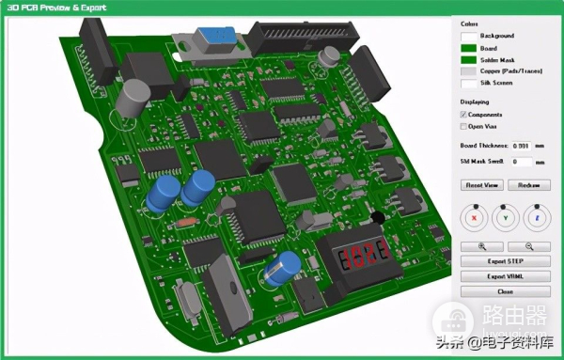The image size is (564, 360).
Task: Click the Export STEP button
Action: [x=505, y=260]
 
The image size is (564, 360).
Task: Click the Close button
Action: [x=505, y=291]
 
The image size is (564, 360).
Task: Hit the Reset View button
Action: [x=480, y=185]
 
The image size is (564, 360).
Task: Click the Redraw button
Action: [x=527, y=185]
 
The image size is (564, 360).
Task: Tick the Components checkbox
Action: [x=463, y=114]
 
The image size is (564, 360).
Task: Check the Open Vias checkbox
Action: [x=463, y=125]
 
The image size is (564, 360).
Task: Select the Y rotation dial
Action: [x=506, y=217]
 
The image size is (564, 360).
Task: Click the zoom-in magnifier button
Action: [x=480, y=245]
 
